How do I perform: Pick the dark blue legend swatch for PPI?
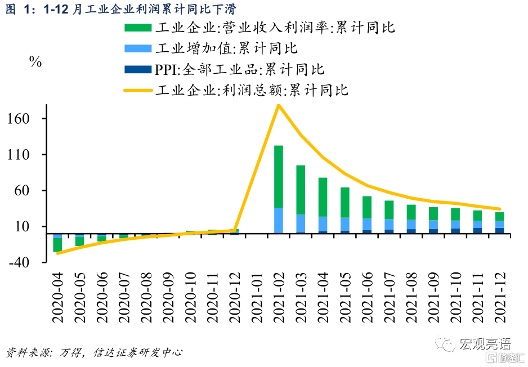[x=137, y=69]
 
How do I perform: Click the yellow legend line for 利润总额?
[x=137, y=90]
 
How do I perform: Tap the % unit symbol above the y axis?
[x=35, y=62]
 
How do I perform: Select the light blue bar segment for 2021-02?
[x=278, y=220]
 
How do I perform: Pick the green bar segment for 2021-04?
[x=323, y=197]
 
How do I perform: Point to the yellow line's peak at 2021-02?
[x=278, y=105]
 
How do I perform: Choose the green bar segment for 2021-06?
[x=367, y=207]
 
